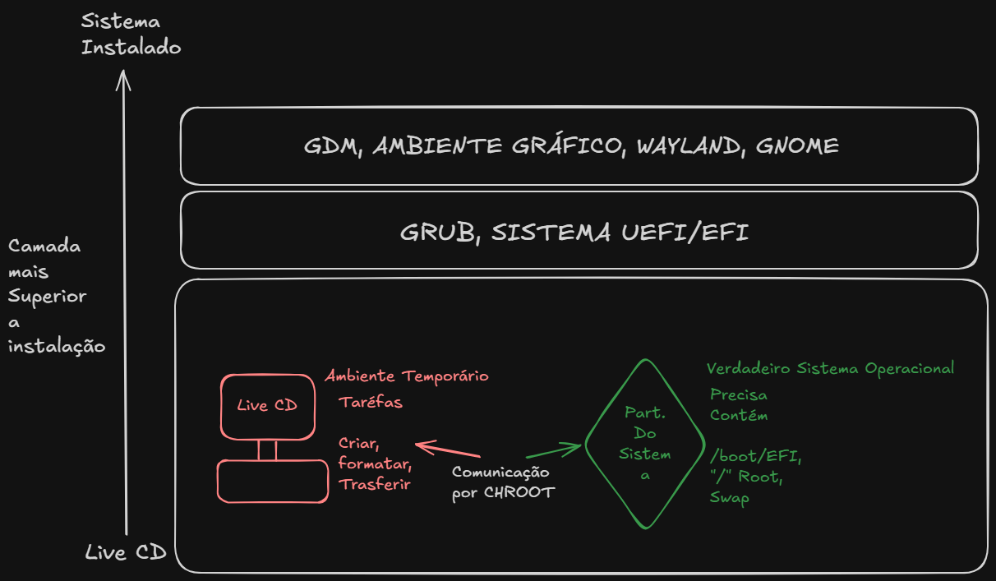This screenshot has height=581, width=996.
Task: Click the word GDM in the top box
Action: [x=333, y=145]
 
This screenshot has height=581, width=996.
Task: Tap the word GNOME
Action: [x=797, y=145]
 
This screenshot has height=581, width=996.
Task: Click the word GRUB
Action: [x=440, y=233]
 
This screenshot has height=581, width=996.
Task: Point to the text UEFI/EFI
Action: [x=685, y=232]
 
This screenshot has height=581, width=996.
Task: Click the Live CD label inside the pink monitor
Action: [x=267, y=405]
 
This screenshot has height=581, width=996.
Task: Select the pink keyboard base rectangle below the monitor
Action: [x=273, y=482]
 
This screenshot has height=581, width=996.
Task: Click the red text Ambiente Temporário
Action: [x=407, y=376]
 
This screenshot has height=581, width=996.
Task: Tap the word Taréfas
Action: [x=371, y=402]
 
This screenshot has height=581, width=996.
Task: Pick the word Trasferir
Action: [x=375, y=484]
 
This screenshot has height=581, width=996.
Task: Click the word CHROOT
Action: [x=519, y=492]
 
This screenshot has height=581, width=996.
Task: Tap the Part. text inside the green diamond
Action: [x=645, y=413]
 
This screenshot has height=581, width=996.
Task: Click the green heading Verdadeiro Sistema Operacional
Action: [x=830, y=368]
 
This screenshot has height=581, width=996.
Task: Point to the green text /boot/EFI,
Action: [x=755, y=456]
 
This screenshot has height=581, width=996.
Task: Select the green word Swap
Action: [x=729, y=497]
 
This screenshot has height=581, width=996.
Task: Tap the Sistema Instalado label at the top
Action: [x=131, y=35]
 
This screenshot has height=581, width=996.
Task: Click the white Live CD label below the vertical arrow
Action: [x=126, y=552]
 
